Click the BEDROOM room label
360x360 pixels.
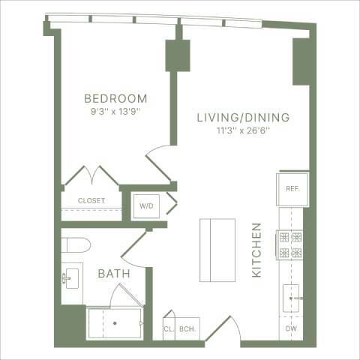click(x=115, y=99)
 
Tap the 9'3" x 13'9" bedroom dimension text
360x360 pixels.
click(x=115, y=112)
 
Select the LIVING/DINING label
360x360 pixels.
click(x=243, y=118)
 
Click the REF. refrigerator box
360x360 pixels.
click(x=292, y=189)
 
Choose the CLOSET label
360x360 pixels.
click(x=91, y=201)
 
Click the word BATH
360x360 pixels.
click(x=114, y=274)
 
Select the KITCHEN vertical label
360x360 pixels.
click(x=256, y=250)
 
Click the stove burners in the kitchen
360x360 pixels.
click(x=291, y=244)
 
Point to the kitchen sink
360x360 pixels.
click(x=291, y=298)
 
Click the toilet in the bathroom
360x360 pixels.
click(x=76, y=244)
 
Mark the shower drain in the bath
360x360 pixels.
click(x=114, y=323)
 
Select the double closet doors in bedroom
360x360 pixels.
click(x=91, y=177)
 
